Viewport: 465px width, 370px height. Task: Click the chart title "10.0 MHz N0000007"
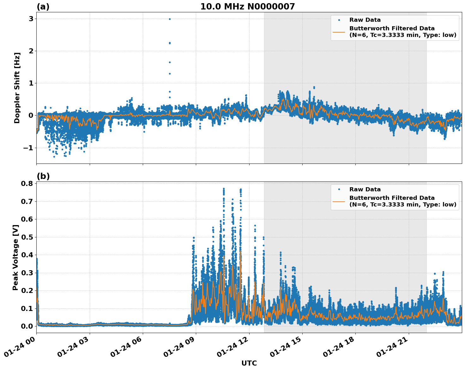247,7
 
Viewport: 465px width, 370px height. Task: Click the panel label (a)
43,7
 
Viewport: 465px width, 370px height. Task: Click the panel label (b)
43,176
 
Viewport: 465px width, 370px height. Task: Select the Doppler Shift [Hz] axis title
17,88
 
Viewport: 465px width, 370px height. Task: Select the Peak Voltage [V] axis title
15,257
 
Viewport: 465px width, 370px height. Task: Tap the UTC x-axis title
249,363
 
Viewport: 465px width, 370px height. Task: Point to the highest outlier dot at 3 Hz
170,19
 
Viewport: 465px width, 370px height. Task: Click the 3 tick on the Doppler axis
31,19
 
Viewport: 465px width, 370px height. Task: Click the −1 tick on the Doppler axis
29,148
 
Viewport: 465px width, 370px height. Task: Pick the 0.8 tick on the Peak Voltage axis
27,184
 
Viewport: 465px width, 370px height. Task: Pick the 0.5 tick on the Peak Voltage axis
27,237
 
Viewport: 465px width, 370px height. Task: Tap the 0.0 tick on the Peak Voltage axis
27,326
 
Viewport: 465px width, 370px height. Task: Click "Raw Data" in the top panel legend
365,20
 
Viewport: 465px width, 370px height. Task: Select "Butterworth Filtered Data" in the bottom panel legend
392,198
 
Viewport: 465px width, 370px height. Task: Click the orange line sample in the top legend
339,32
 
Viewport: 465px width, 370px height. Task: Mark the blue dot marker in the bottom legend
339,189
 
